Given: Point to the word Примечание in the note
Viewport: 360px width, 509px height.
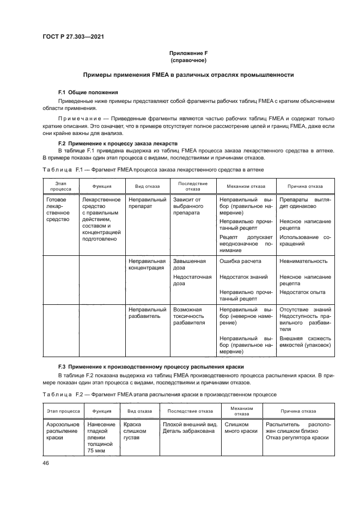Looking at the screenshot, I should tap(77, 118).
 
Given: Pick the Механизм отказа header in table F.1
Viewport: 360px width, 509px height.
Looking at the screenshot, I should tap(246, 186).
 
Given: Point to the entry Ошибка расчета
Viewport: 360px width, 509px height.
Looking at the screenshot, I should tap(240, 261).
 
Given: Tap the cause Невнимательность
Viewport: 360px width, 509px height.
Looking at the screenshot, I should tap(303, 261).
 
